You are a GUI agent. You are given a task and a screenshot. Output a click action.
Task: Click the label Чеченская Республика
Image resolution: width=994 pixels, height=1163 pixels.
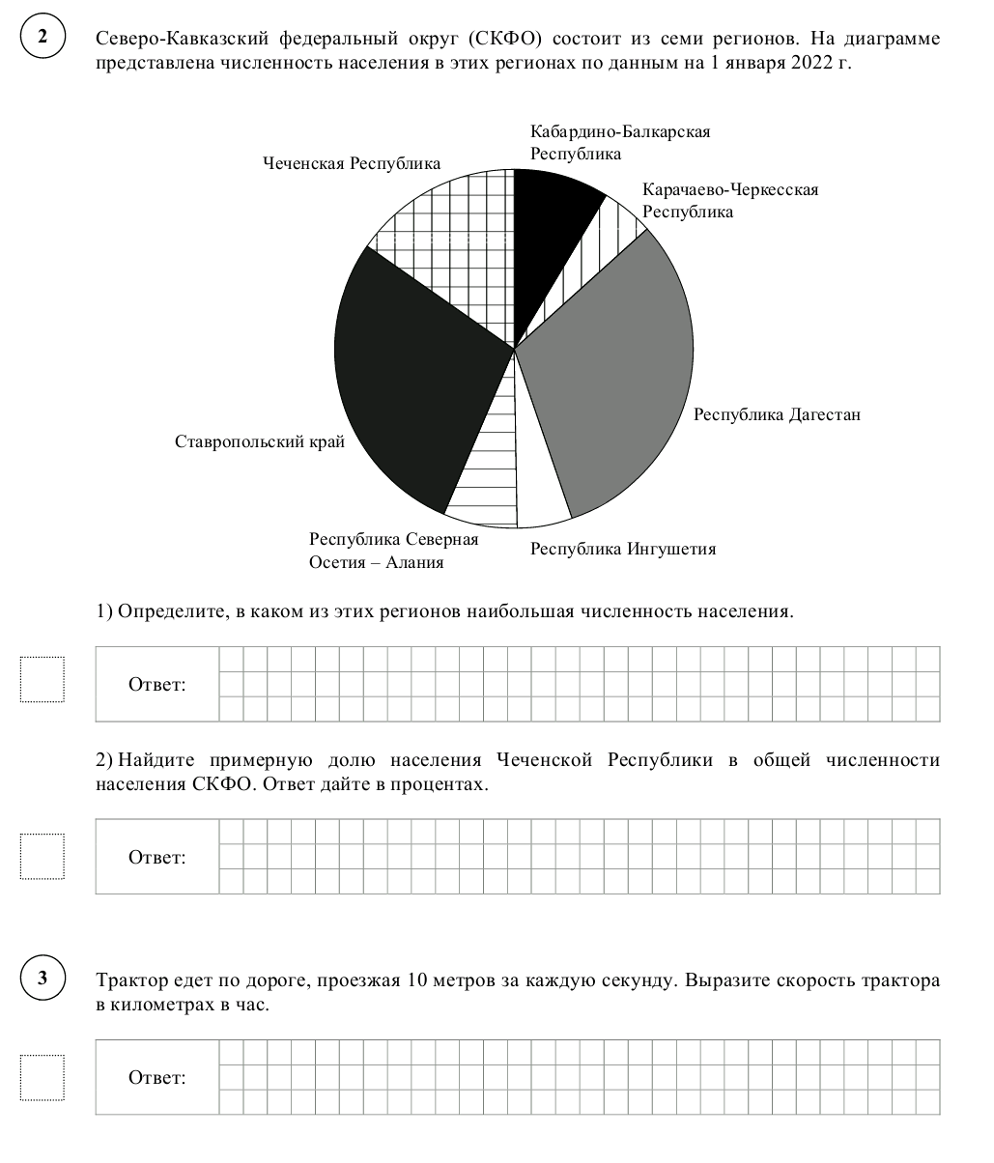pyautogui.click(x=352, y=164)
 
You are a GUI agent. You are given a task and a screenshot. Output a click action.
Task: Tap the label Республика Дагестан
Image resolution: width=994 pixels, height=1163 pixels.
pyautogui.click(x=777, y=415)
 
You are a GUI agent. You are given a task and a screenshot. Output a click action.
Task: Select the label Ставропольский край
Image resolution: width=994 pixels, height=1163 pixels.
pyautogui.click(x=260, y=442)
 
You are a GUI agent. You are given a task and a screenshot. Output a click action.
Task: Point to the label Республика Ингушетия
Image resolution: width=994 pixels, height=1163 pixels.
pyautogui.click(x=623, y=550)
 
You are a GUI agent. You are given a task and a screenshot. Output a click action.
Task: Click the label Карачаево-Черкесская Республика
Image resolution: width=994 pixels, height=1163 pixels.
pyautogui.click(x=729, y=201)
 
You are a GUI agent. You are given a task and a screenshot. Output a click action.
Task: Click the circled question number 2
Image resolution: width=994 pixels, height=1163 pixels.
pyautogui.click(x=43, y=39)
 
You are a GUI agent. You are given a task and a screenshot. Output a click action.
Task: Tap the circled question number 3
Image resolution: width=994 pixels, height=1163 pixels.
pyautogui.click(x=43, y=979)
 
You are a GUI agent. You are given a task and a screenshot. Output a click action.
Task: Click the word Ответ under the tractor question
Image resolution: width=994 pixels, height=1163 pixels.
pyautogui.click(x=157, y=1078)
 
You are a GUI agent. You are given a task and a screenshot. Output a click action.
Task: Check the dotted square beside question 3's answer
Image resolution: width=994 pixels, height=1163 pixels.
pyautogui.click(x=43, y=1077)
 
